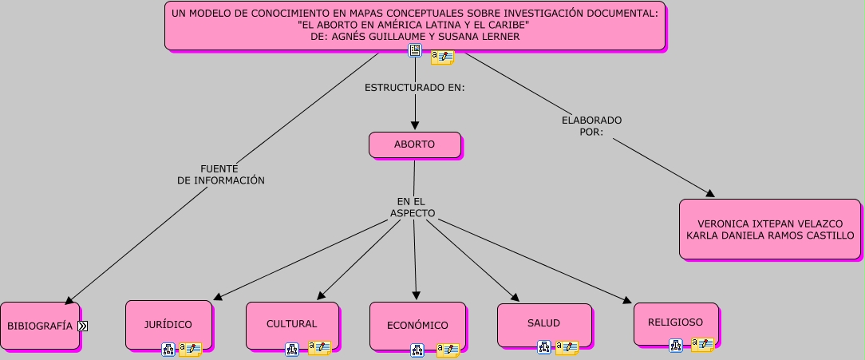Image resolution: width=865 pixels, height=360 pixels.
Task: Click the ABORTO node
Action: point(415,144)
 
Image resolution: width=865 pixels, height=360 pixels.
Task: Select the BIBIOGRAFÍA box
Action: point(40,326)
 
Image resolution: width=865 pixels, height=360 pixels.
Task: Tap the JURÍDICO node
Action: point(168,324)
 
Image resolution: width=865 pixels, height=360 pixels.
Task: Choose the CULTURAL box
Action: point(292,324)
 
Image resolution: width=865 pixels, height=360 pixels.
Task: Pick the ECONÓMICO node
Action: point(417,326)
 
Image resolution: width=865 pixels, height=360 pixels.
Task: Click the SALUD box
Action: point(543,323)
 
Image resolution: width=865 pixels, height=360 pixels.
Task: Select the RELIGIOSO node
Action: point(676,322)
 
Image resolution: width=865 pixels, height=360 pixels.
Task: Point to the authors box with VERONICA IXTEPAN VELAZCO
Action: point(770,229)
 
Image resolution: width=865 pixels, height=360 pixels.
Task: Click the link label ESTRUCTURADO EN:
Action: point(415,87)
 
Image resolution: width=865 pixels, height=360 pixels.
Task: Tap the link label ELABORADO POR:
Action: point(591,125)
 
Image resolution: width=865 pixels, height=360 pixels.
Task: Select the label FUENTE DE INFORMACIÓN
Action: point(220,175)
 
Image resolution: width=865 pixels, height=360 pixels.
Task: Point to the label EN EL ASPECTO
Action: point(413,208)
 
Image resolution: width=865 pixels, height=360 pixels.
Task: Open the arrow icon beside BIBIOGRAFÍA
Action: point(82,326)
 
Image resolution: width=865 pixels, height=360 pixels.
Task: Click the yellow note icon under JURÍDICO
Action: point(190,349)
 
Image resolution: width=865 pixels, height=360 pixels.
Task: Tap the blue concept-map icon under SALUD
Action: point(544,347)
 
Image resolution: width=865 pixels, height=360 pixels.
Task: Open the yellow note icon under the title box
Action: point(442,57)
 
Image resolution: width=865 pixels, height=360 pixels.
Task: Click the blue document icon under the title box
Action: point(415,51)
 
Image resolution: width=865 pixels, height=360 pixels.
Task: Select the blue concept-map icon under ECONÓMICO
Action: point(417,350)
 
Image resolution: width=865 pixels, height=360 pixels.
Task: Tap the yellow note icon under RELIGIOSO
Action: point(702,345)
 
